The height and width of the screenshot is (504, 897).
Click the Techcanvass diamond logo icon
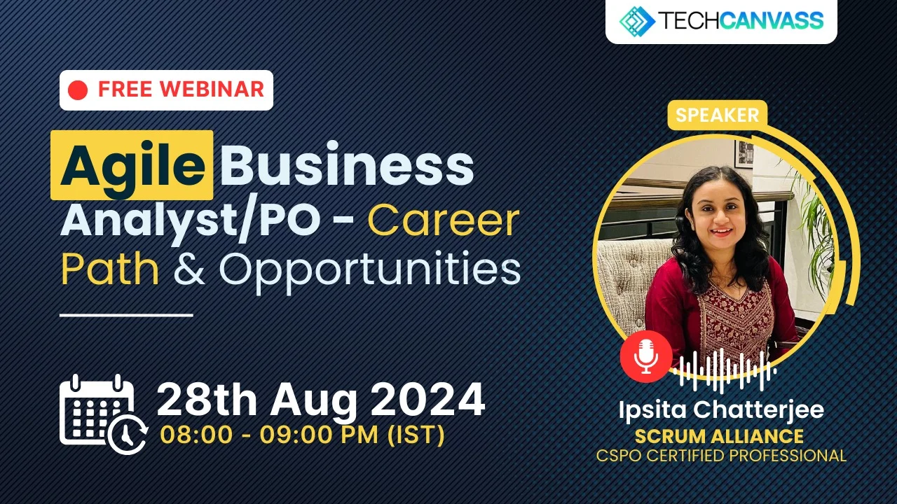[637, 21]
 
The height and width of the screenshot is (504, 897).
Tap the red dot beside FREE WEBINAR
[78, 90]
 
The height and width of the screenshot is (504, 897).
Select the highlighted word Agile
[132, 165]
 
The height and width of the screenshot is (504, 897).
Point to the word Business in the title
[347, 164]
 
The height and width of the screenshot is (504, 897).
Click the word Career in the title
[444, 220]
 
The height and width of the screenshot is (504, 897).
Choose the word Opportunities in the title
[369, 271]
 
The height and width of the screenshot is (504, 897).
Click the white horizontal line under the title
[126, 315]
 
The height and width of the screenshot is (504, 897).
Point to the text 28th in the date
[207, 400]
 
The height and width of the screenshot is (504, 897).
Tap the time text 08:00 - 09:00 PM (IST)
[302, 435]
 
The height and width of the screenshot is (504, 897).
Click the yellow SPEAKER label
[718, 115]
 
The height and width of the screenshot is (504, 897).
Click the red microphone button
[646, 356]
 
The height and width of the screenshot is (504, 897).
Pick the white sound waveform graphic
[725, 370]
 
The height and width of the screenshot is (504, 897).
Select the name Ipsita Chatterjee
[721, 410]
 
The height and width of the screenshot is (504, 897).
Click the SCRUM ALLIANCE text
[719, 436]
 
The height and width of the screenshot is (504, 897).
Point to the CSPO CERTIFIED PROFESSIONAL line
[721, 456]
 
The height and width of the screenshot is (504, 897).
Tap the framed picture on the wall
[744, 153]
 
